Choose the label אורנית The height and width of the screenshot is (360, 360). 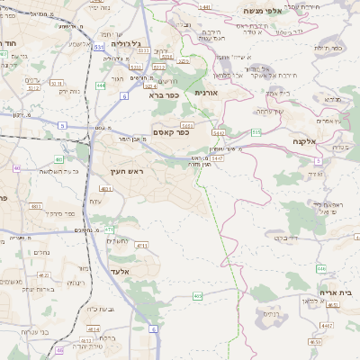coord(206,92)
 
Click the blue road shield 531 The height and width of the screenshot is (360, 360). coord(97,44)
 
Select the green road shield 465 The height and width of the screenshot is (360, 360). coord(197,295)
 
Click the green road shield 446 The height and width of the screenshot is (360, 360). coord(321,268)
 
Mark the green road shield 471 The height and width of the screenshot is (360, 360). coord(109,229)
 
